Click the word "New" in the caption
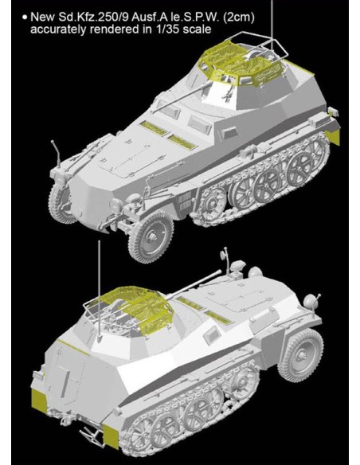[x=42, y=16]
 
